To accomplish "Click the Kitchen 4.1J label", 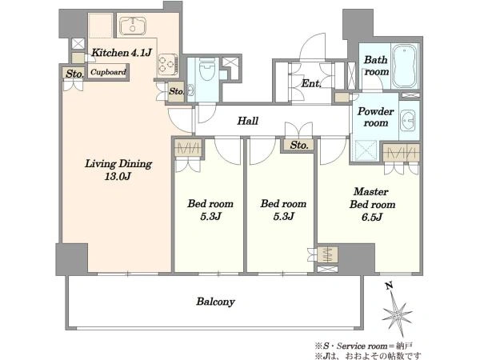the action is pyautogui.click(x=122, y=53).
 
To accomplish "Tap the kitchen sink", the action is pyautogui.click(x=133, y=26).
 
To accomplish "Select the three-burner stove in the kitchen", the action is pyautogui.click(x=168, y=65).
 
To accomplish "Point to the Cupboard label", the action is pyautogui.click(x=108, y=72).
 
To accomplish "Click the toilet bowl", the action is pyautogui.click(x=207, y=69).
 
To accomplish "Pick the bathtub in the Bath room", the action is pyautogui.click(x=406, y=66).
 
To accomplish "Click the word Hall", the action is pyautogui.click(x=248, y=121).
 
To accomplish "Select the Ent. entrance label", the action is pyautogui.click(x=311, y=83).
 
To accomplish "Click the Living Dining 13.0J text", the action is pyautogui.click(x=118, y=170).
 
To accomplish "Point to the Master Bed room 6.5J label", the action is pyautogui.click(x=372, y=204).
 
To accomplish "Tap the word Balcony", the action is pyautogui.click(x=215, y=302).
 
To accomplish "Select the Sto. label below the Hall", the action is pyautogui.click(x=298, y=145).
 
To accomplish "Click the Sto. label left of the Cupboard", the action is pyautogui.click(x=74, y=74).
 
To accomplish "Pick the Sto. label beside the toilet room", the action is pyautogui.click(x=176, y=91).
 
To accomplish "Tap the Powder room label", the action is pyautogui.click(x=376, y=117).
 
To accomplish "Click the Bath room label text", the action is pyautogui.click(x=376, y=66).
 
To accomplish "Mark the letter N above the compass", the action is pyautogui.click(x=389, y=286).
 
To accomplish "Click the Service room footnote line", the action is pyautogui.click(x=364, y=346).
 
